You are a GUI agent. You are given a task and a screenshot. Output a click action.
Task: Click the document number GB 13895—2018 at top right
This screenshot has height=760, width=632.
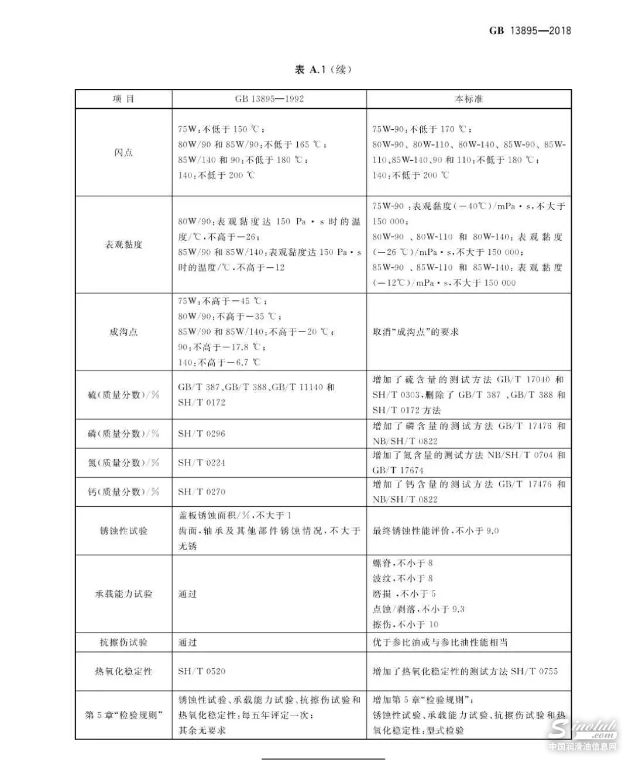click(x=530, y=30)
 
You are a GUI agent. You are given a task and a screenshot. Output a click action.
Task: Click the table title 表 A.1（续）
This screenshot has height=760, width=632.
click(x=323, y=70)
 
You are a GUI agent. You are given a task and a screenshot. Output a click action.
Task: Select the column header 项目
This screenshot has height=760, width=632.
click(x=123, y=99)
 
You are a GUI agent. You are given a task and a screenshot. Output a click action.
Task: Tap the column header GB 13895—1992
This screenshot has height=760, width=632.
click(x=269, y=99)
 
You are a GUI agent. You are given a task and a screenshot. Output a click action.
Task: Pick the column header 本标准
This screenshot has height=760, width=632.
click(x=469, y=99)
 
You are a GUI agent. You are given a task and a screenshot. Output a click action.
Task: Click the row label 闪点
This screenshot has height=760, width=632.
click(x=123, y=152)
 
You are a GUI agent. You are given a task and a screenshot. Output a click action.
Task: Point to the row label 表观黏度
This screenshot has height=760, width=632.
click(x=123, y=244)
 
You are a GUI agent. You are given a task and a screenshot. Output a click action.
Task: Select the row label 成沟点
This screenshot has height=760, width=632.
click(x=123, y=331)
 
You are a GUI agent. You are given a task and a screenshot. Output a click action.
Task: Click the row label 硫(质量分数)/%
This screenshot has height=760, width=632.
click(x=123, y=395)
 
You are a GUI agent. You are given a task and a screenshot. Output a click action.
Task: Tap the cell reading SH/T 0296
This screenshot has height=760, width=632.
click(x=202, y=433)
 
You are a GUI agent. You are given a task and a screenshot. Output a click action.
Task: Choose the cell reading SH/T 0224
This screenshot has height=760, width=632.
click(x=202, y=462)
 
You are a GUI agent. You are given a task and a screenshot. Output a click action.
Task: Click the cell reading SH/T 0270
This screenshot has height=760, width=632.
click(x=202, y=492)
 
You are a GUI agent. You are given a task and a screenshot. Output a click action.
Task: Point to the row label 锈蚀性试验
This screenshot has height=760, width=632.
click(x=123, y=531)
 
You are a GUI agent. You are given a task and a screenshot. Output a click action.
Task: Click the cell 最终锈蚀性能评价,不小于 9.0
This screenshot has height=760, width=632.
click(x=436, y=531)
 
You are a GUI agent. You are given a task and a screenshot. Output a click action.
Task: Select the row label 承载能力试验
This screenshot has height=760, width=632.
click(x=123, y=593)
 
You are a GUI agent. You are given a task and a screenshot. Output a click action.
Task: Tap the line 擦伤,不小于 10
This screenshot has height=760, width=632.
click(x=406, y=624)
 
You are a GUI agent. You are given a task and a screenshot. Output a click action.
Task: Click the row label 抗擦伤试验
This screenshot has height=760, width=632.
click(x=123, y=642)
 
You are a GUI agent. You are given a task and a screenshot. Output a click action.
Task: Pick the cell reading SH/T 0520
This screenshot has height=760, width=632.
click(x=202, y=671)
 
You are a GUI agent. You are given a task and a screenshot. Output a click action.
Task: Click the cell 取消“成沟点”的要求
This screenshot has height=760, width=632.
click(x=415, y=331)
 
